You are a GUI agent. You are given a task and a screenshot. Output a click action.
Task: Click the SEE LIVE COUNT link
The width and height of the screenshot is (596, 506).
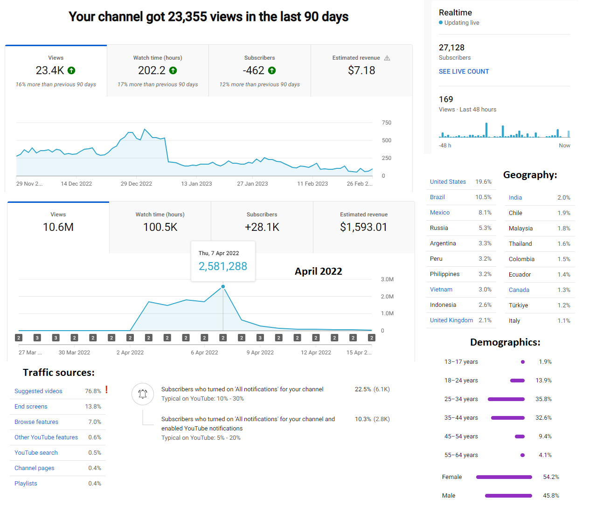464,71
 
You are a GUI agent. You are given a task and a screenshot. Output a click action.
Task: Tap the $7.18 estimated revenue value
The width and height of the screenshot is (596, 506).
361,70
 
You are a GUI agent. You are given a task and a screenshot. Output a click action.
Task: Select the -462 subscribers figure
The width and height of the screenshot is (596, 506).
253,70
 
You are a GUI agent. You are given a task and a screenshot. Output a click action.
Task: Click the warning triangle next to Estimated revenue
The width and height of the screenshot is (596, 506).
387,58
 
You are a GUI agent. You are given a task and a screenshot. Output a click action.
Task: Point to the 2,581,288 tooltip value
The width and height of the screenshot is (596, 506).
222,266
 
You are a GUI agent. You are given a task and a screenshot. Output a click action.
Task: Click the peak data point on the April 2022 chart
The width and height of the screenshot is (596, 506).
223,287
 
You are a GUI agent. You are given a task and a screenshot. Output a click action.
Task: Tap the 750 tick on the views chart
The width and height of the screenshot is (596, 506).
387,123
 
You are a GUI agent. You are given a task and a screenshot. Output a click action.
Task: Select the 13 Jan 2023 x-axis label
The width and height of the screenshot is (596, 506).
196,184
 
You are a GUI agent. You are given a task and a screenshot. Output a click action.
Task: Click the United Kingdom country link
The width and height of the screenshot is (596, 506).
451,320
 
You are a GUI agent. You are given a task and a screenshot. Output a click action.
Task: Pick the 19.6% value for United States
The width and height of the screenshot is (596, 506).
483,181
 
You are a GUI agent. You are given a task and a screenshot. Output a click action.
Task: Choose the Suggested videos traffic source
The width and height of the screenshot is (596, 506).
38,391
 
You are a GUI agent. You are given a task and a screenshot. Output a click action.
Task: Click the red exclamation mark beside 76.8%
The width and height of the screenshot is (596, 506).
106,389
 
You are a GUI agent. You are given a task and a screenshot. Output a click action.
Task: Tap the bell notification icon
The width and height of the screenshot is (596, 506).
143,394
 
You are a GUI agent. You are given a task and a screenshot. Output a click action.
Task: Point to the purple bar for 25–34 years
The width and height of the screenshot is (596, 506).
506,399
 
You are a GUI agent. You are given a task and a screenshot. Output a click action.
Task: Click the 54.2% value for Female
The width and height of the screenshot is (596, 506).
551,477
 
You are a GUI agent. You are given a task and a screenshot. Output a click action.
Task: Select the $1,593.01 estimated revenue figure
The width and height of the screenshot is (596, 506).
363,227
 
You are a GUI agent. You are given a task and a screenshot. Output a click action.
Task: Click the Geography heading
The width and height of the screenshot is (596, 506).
530,175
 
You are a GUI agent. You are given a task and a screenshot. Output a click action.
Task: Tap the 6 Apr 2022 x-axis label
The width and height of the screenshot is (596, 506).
204,352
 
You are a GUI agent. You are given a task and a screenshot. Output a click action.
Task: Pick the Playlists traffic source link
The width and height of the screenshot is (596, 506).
26,483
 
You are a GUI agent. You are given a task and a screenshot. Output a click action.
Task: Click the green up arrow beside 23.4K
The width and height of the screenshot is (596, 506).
71,70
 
